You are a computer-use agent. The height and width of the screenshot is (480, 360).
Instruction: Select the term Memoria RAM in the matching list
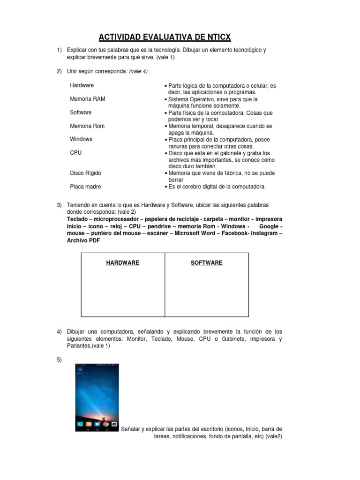[x=87, y=99]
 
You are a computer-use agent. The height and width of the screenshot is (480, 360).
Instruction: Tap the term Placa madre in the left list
[x=85, y=187]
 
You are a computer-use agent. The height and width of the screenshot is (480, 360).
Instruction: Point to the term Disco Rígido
[x=85, y=173]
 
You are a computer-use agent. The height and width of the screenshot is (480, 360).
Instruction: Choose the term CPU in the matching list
[x=75, y=153]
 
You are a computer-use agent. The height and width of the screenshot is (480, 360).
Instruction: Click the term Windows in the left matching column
[x=81, y=139]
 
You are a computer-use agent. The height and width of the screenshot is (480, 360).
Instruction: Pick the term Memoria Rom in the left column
[x=87, y=126]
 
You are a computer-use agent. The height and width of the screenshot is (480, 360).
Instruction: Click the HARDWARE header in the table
[x=123, y=263]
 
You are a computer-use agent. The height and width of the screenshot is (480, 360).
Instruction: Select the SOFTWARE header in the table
[x=206, y=263]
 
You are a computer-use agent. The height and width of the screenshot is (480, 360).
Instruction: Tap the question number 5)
[x=60, y=360]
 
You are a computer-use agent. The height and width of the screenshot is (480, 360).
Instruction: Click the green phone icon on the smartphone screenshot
[x=81, y=424]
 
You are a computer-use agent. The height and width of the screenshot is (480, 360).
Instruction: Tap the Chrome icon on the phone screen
[x=106, y=424]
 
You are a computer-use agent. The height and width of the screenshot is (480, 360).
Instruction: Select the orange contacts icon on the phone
[x=89, y=424]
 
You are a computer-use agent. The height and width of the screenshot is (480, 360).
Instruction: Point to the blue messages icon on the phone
[x=97, y=424]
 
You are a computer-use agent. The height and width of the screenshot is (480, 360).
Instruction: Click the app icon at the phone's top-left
[x=80, y=370]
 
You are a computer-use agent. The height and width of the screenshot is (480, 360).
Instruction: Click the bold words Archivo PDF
[x=83, y=240]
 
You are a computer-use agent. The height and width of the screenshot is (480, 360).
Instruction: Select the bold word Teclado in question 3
[x=77, y=219]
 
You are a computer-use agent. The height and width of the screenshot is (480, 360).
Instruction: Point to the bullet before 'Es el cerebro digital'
[x=166, y=187]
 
